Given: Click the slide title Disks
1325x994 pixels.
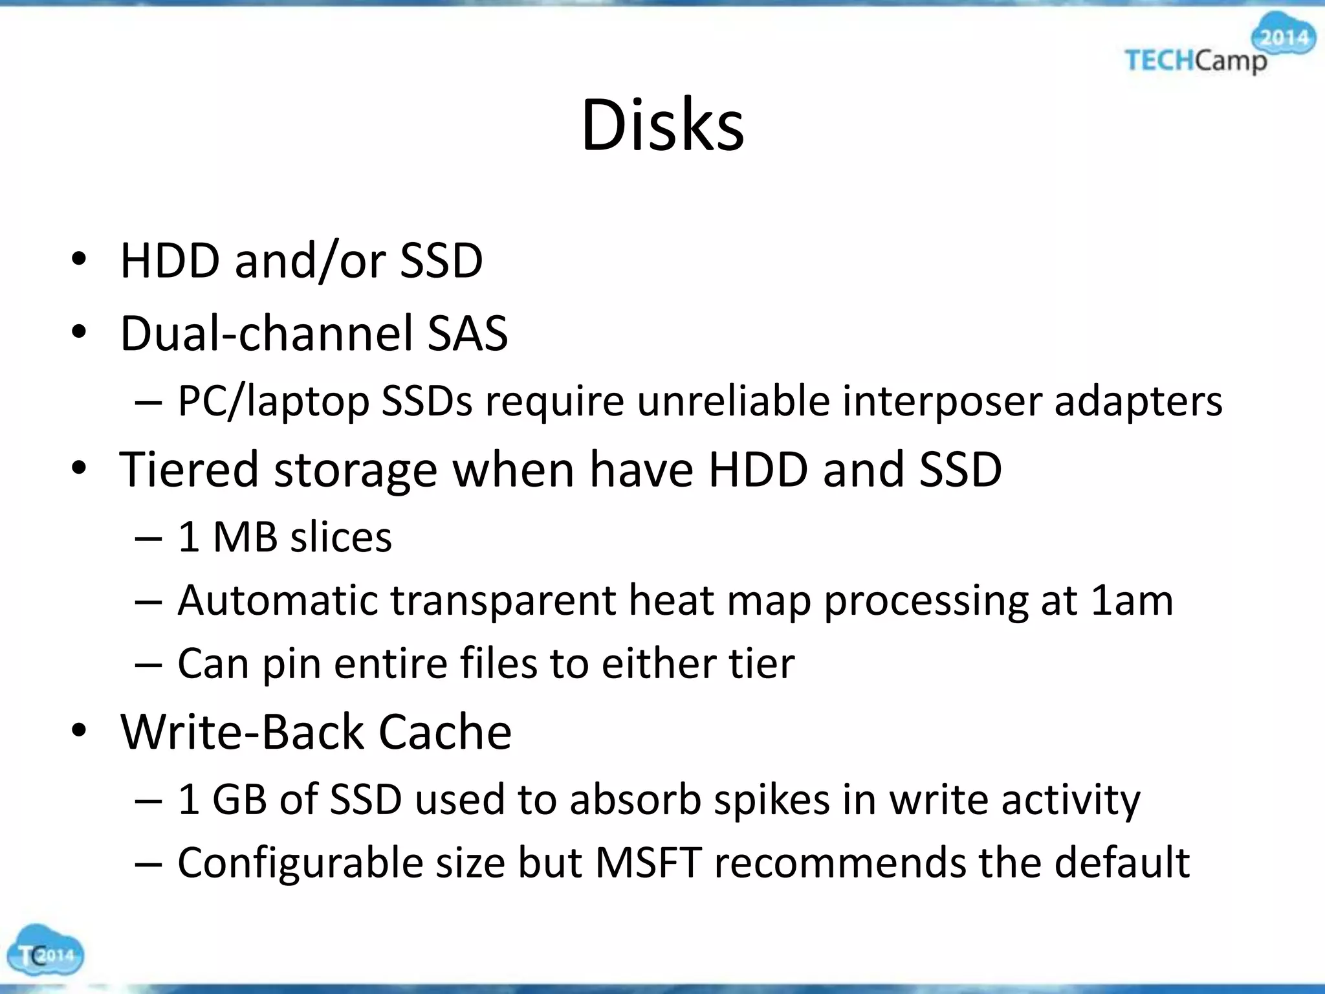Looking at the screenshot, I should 662,126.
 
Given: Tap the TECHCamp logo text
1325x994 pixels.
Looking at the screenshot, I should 1196,61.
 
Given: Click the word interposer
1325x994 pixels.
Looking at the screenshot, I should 942,401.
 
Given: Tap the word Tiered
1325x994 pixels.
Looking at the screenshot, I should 189,470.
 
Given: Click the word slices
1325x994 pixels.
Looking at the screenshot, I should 341,537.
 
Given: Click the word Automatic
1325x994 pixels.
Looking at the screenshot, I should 277,601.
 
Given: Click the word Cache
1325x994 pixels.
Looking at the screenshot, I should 444,733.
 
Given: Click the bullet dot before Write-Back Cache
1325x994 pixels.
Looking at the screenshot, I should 79,731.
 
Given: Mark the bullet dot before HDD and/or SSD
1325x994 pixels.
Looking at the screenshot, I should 79,260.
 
